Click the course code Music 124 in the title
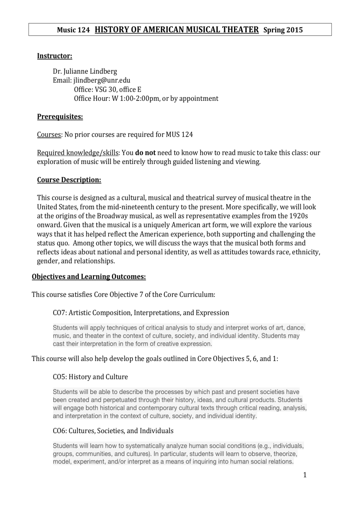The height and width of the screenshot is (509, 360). click(x=73, y=30)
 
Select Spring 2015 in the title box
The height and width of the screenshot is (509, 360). click(x=283, y=30)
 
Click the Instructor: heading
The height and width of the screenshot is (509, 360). click(x=54, y=56)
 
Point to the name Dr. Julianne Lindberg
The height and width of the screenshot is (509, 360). click(x=85, y=71)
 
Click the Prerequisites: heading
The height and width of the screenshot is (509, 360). click(x=60, y=116)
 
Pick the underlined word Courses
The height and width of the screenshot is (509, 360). click(x=49, y=135)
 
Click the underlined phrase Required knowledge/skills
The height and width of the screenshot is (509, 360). click(x=78, y=153)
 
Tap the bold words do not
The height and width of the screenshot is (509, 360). click(x=145, y=153)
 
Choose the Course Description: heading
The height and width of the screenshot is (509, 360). click(x=69, y=180)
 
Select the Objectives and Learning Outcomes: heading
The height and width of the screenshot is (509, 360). click(x=89, y=276)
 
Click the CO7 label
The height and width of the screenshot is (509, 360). click(x=59, y=313)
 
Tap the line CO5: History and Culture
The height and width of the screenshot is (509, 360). click(x=90, y=377)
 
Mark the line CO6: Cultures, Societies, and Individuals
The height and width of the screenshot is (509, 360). click(x=113, y=431)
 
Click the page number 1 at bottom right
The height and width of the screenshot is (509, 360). click(x=305, y=475)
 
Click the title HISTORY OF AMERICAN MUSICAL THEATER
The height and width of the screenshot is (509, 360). click(x=177, y=30)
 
